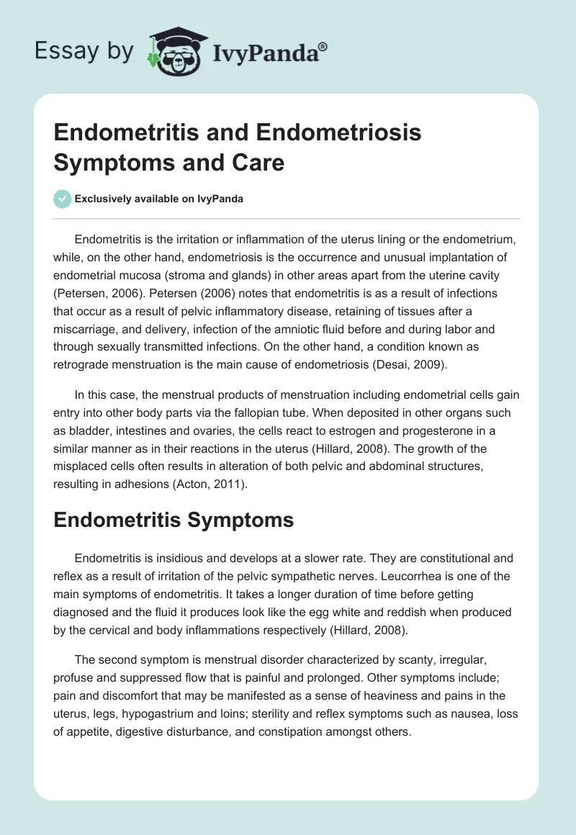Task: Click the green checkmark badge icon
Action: pos(63,198)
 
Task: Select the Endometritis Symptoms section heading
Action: pos(174,520)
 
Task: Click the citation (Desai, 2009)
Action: pos(410,364)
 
